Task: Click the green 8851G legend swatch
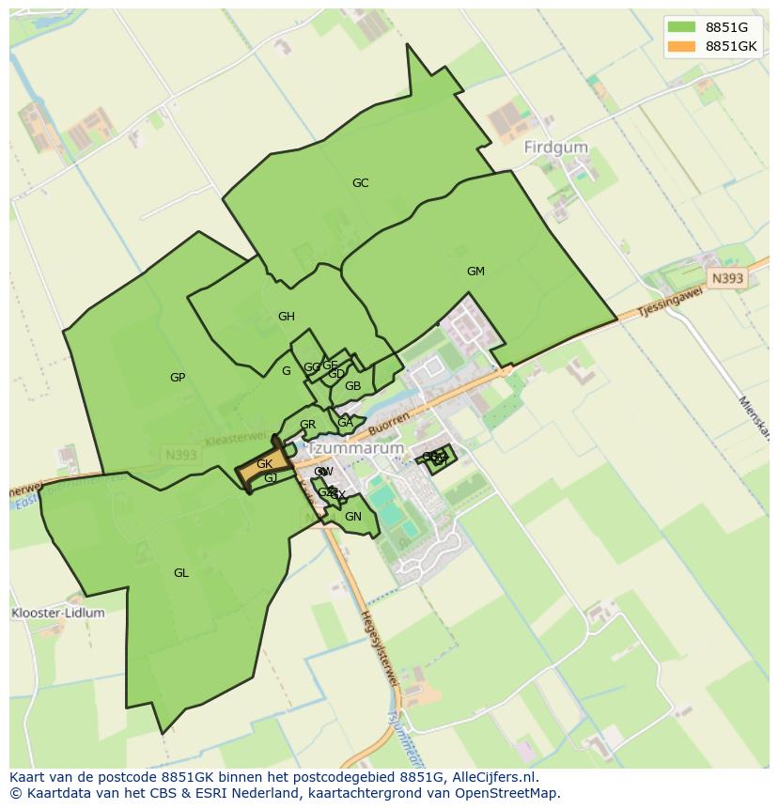(x=682, y=26)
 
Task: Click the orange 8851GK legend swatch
(x=682, y=46)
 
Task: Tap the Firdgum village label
(x=556, y=148)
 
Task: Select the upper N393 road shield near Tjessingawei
(x=726, y=278)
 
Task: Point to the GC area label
(x=360, y=183)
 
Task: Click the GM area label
(x=475, y=272)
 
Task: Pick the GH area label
(x=287, y=317)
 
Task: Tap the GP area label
(x=178, y=378)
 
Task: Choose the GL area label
(x=181, y=573)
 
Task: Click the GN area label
(x=353, y=517)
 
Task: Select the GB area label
(x=352, y=386)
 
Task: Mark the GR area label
(x=307, y=425)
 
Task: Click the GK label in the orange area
(x=264, y=464)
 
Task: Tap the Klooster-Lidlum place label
(x=58, y=613)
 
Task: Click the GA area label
(x=345, y=423)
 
